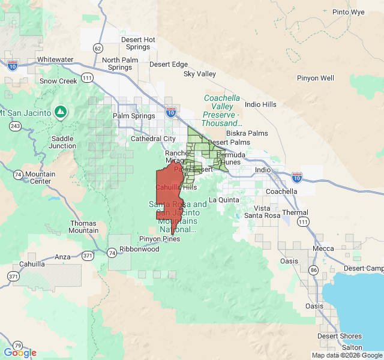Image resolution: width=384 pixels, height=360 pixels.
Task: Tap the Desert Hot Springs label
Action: [138, 43]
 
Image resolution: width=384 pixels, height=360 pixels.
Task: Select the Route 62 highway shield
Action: [98, 47]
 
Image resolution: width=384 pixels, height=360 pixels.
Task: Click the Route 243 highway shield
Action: [15, 126]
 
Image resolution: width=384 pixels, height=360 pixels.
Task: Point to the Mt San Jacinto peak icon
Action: [61, 112]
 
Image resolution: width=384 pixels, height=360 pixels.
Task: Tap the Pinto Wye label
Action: [349, 12]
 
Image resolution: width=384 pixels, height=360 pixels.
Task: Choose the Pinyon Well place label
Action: [316, 78]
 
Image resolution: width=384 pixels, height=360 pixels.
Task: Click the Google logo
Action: [20, 353]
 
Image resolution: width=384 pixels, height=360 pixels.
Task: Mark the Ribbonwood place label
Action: [139, 249]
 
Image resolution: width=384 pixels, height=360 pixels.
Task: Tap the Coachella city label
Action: [281, 191]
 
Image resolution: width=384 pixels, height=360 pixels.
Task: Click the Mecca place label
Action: [323, 248]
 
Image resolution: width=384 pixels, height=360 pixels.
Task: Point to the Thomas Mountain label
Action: [83, 227]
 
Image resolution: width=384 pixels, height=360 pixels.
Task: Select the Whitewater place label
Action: [55, 60]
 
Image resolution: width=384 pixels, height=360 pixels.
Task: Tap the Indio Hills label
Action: [261, 104]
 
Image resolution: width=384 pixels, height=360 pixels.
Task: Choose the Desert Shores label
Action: [340, 336]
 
